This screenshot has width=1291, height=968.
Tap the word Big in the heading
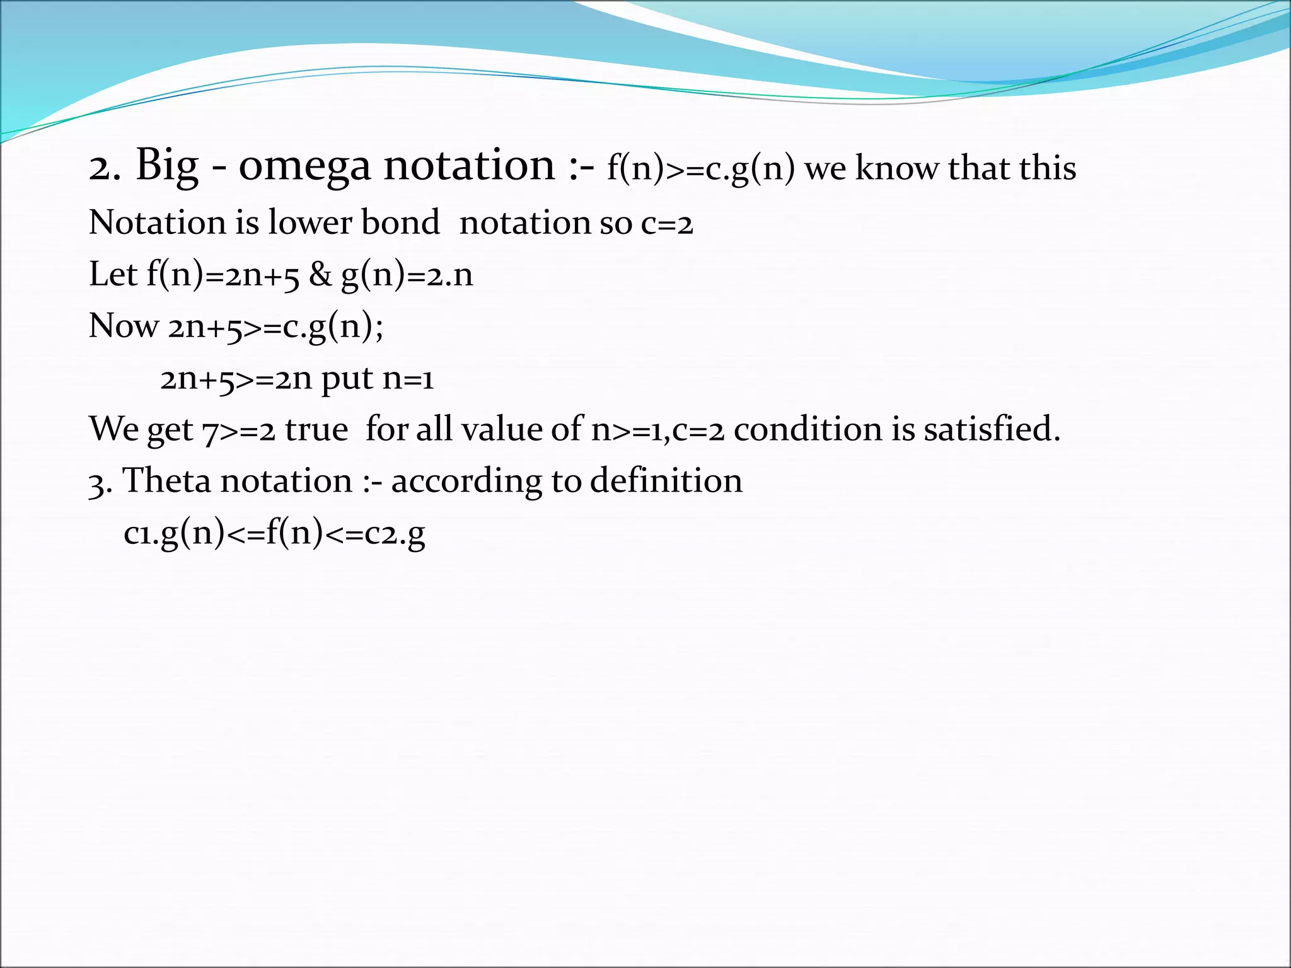[166, 165]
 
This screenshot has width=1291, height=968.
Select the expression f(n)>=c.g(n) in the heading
[700, 169]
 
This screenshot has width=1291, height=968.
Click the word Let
[113, 275]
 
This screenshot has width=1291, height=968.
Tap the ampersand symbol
[320, 275]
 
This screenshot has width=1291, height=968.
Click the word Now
[124, 326]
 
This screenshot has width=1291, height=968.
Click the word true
[316, 430]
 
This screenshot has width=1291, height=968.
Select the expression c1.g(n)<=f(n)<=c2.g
[274, 534]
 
